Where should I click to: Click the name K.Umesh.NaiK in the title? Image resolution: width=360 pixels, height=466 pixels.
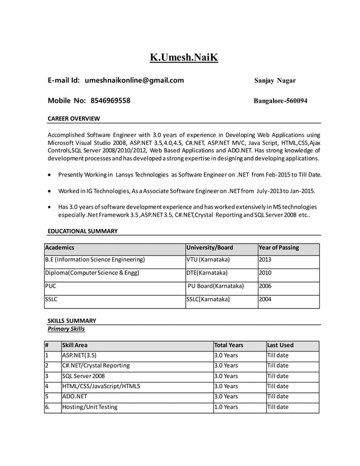click(x=183, y=58)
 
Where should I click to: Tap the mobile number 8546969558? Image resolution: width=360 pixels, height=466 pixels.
click(x=110, y=101)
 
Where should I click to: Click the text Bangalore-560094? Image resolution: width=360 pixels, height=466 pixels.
click(x=280, y=101)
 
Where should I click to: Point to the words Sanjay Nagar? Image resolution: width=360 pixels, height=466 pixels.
click(x=275, y=81)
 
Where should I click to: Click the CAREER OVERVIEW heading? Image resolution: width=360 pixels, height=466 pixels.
click(x=73, y=118)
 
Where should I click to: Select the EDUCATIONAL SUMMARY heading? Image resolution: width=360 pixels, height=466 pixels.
click(x=82, y=231)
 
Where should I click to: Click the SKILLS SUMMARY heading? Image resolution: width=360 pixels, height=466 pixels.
click(x=72, y=320)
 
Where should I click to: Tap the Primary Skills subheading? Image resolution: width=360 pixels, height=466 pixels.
click(x=67, y=328)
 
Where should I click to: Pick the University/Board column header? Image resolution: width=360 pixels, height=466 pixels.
click(x=210, y=248)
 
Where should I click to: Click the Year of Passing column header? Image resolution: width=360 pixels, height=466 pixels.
click(x=279, y=248)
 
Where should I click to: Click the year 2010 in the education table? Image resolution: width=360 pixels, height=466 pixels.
click(x=265, y=273)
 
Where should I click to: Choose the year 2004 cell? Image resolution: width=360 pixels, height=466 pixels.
click(x=265, y=300)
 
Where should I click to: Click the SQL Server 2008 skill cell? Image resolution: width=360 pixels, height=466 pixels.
click(x=84, y=376)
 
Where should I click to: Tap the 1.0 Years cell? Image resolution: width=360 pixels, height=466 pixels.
click(x=227, y=407)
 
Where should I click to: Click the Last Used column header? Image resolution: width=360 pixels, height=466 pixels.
click(x=280, y=345)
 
